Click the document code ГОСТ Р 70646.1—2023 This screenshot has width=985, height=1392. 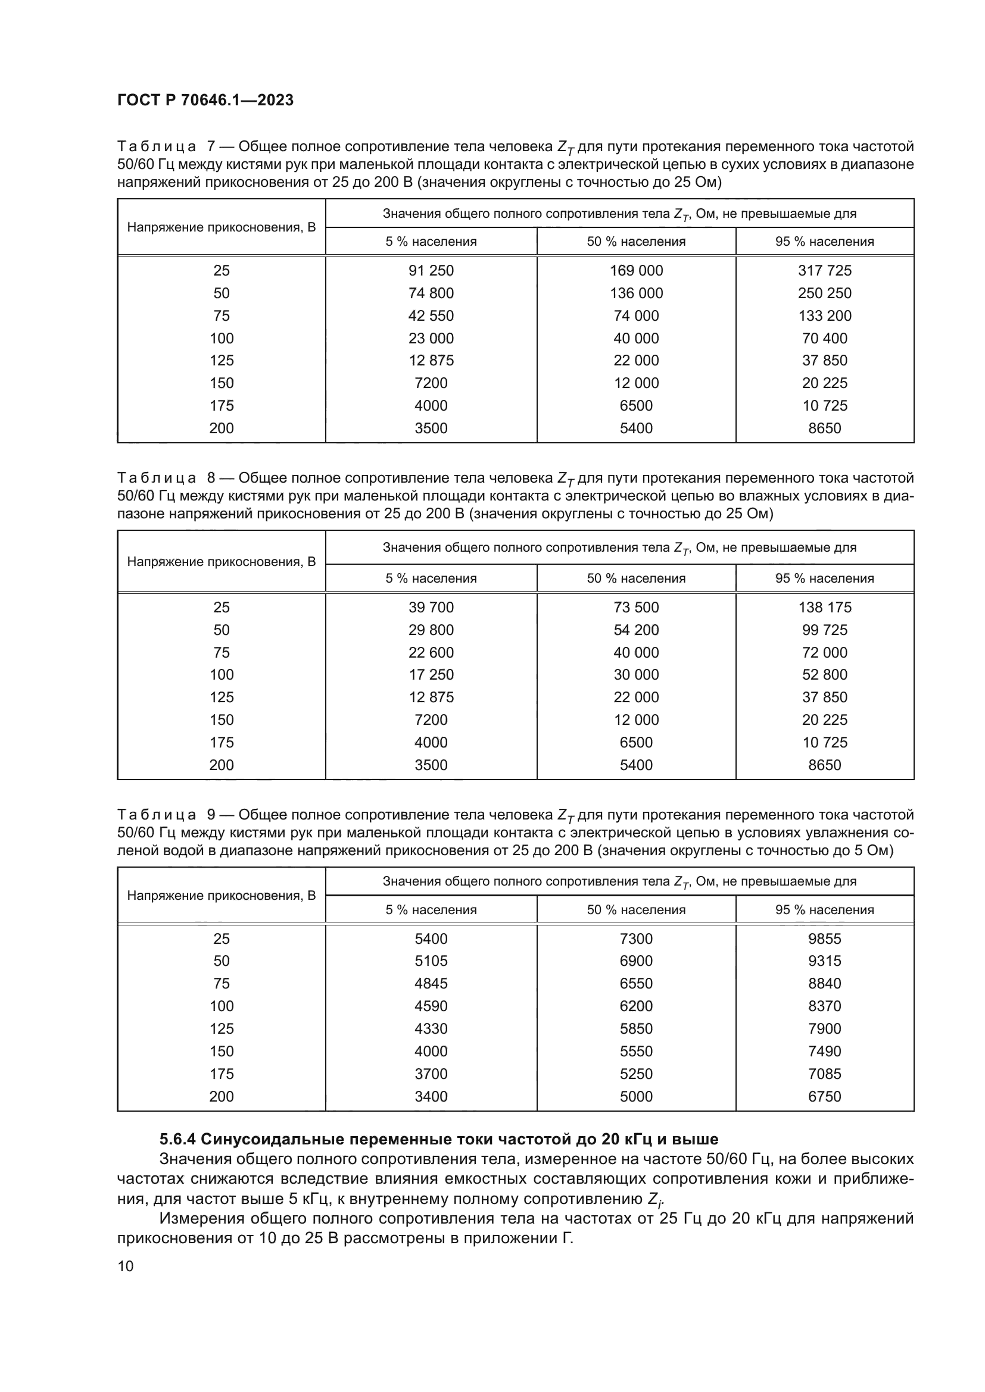205,100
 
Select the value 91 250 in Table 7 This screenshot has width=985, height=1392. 431,270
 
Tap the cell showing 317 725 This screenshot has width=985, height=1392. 824,270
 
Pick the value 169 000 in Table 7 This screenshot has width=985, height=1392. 635,270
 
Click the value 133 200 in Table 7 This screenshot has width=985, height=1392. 824,316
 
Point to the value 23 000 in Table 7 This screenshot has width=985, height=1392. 431,338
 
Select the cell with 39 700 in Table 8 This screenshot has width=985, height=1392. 431,608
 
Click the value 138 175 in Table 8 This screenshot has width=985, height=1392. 824,608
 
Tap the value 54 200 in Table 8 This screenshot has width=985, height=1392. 635,630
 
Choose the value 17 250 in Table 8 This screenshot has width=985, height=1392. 431,675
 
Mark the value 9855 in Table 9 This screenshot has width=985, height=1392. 824,939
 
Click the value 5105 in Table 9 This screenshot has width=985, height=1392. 431,961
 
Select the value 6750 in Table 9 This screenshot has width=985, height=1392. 824,1097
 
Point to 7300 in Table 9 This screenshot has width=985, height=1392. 635,939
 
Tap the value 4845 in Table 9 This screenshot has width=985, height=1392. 431,983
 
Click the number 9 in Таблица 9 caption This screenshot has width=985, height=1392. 210,815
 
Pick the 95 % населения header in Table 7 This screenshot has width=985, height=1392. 824,242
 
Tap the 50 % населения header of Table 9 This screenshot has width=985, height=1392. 635,910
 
